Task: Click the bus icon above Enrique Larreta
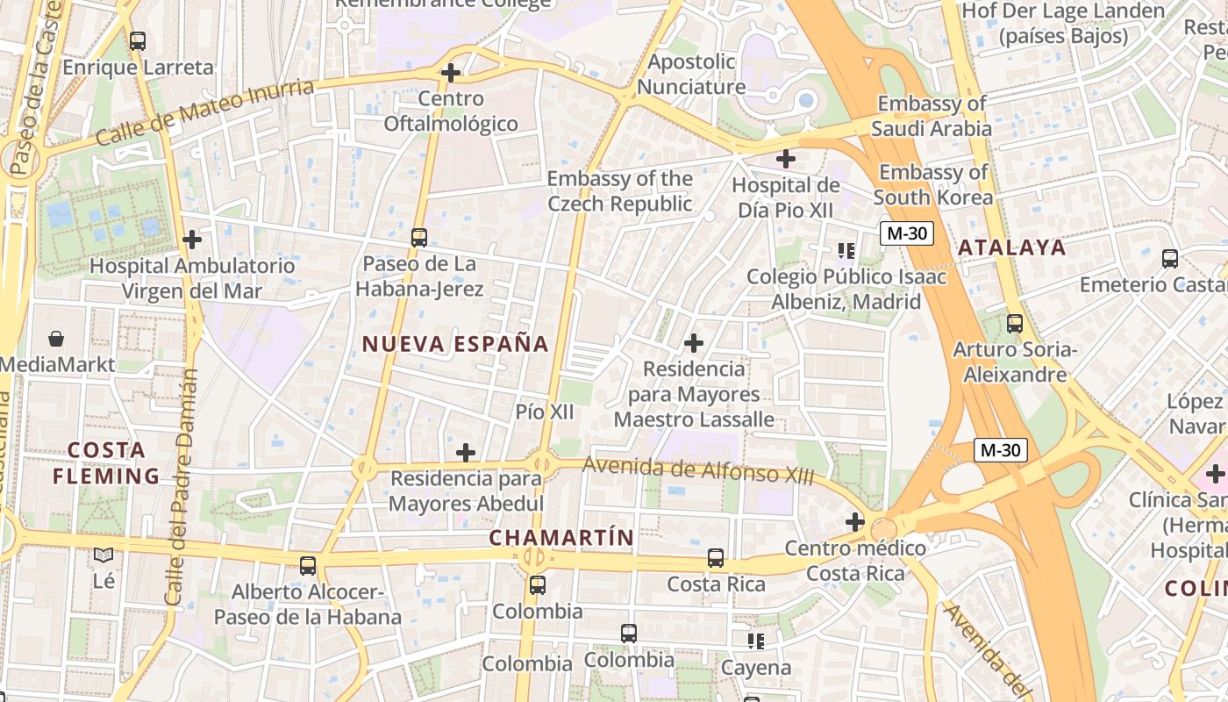(x=138, y=40)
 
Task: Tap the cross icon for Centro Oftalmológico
(x=451, y=73)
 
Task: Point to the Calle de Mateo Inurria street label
(x=204, y=113)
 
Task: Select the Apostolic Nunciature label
(x=691, y=75)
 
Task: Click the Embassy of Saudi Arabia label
(x=932, y=116)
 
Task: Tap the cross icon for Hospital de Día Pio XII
(x=786, y=159)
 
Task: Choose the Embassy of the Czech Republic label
(x=619, y=191)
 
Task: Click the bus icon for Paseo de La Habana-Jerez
(x=419, y=237)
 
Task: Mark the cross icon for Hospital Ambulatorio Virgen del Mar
(x=192, y=239)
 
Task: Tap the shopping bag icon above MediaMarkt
(x=56, y=339)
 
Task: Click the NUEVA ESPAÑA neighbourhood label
(x=455, y=344)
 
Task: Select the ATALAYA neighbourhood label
(x=1011, y=247)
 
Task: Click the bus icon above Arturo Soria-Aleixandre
(x=1015, y=324)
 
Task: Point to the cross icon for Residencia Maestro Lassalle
(x=694, y=342)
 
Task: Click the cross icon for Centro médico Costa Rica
(x=855, y=522)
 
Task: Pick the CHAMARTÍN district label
(x=560, y=537)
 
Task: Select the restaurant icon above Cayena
(x=756, y=641)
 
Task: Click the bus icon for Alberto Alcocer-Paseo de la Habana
(x=308, y=565)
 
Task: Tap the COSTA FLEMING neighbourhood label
(x=106, y=463)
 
